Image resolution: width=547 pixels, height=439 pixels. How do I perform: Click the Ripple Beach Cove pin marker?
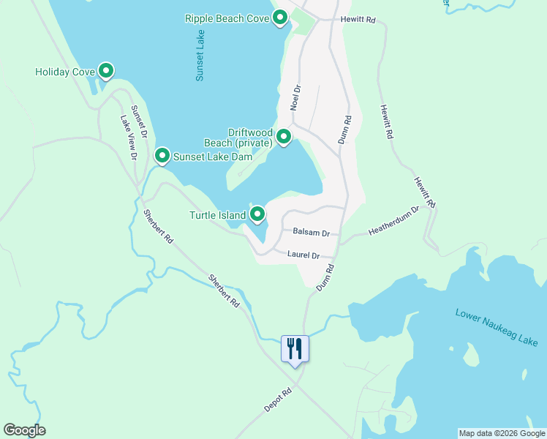279,18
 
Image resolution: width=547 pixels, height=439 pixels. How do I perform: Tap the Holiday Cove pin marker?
106,71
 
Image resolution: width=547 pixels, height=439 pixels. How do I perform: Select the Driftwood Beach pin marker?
284,136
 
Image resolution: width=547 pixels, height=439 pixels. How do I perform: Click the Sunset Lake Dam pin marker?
162,156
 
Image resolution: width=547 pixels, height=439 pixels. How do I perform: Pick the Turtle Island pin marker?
257,214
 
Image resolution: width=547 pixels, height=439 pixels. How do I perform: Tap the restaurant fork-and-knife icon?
295,348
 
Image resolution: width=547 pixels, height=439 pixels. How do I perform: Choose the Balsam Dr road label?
311,232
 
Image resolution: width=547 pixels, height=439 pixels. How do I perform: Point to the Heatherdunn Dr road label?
394,220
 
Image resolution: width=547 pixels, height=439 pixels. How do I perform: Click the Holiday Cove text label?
65,72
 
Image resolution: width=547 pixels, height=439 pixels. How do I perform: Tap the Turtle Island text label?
218,215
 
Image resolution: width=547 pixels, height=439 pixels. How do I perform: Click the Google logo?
24,430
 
